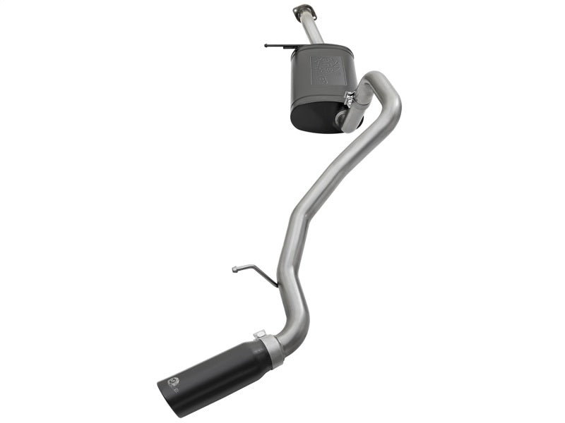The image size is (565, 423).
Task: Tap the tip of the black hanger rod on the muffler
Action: pos(267,45)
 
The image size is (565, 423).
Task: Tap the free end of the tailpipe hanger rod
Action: pos(234,268)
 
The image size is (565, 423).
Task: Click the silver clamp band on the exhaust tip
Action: pos(270,349)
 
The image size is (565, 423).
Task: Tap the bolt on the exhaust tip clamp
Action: pos(259,333)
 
